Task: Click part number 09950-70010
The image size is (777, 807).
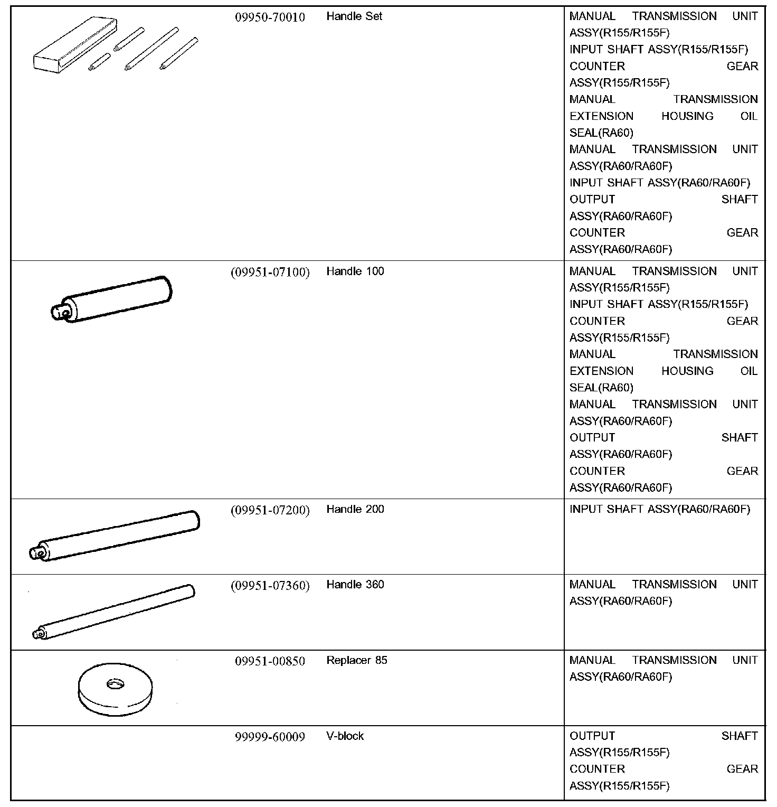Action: [x=270, y=17]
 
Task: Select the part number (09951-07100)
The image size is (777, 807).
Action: [x=270, y=272]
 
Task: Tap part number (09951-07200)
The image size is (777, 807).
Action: [x=270, y=510]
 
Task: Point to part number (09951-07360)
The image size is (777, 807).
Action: [x=270, y=586]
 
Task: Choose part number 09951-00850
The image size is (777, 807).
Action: [x=270, y=661]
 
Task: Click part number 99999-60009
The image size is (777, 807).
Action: [x=270, y=737]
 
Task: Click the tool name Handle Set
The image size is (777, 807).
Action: [x=354, y=16]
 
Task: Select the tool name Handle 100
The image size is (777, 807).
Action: [x=355, y=271]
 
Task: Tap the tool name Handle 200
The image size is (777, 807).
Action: [x=355, y=510]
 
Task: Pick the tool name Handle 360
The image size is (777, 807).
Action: [x=355, y=585]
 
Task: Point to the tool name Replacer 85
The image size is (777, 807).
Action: [x=356, y=660]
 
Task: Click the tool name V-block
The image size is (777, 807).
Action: [x=345, y=736]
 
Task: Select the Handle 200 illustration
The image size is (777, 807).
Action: [x=116, y=536]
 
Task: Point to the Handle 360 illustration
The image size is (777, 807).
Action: [x=113, y=612]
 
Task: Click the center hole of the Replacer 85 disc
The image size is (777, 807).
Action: [x=113, y=684]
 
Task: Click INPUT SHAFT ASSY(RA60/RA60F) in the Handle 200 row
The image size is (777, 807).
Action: [x=659, y=510]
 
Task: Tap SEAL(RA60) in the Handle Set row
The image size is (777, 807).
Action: [x=601, y=133]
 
